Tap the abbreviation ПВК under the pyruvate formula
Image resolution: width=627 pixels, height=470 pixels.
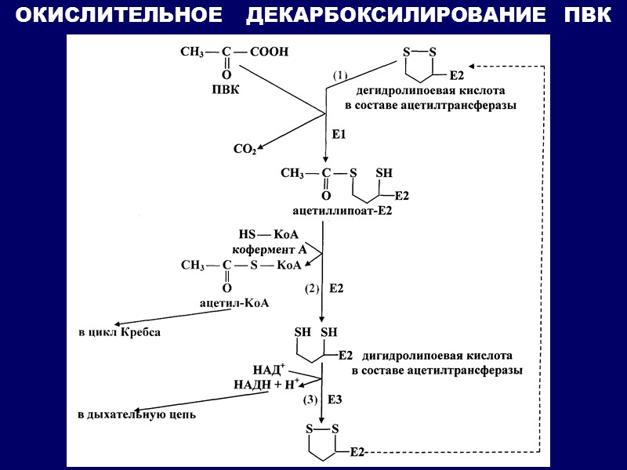click(225, 89)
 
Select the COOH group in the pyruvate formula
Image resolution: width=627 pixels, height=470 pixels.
click(271, 52)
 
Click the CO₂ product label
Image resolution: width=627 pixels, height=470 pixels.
click(245, 149)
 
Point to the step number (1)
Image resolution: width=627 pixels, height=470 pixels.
click(339, 76)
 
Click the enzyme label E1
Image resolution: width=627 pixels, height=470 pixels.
click(339, 135)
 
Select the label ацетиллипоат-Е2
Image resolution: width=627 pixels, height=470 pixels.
click(342, 211)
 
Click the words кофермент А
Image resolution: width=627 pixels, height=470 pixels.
click(269, 250)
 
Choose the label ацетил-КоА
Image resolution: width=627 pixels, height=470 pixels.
click(234, 303)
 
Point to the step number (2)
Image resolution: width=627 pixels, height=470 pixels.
click(312, 288)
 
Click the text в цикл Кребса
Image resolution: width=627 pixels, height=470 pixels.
click(120, 332)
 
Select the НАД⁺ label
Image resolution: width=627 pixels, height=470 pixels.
click(268, 369)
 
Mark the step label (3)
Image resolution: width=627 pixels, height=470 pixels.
click(310, 399)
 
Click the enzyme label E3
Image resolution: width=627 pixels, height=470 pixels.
click(335, 399)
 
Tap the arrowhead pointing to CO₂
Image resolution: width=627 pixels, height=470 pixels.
click(262, 146)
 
